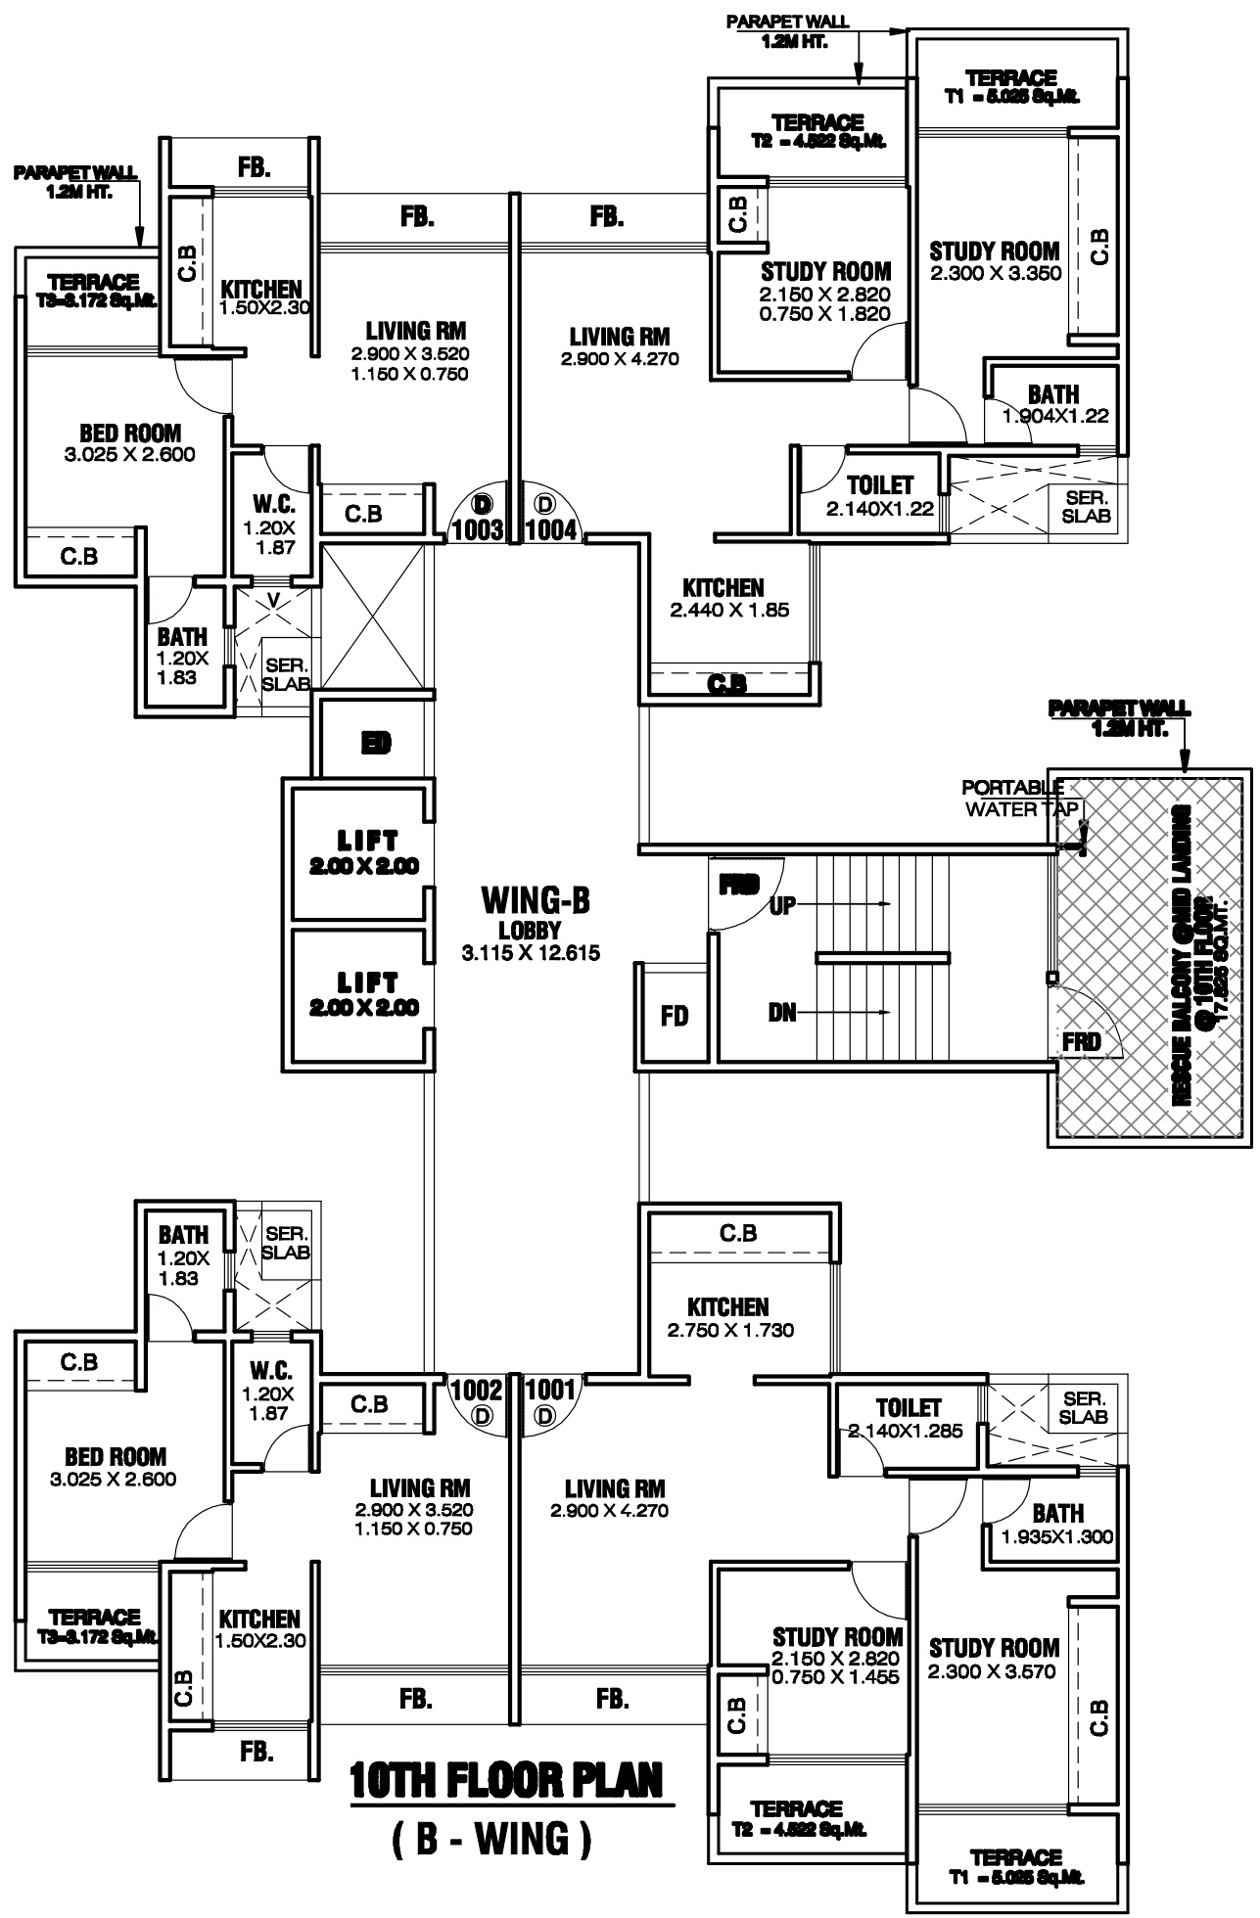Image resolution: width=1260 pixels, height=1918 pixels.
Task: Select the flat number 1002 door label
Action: [475, 1390]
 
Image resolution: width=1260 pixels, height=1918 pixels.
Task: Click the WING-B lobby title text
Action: [536, 898]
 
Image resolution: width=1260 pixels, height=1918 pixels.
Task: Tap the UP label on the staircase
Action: [782, 905]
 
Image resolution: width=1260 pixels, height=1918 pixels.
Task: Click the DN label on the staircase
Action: [782, 1014]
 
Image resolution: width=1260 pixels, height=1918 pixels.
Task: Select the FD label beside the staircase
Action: [675, 1017]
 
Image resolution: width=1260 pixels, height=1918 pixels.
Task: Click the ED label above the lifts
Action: [376, 744]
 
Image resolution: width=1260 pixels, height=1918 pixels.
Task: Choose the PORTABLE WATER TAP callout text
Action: [1014, 798]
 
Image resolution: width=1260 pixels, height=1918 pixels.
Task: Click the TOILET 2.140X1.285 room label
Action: [908, 1418]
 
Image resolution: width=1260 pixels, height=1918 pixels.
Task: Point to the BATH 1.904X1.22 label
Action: [1054, 404]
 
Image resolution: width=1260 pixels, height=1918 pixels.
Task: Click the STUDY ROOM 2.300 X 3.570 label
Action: [994, 1659]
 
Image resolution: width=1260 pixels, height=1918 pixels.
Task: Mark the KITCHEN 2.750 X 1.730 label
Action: [728, 1317]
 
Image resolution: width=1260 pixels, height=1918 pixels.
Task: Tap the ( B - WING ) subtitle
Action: [491, 1839]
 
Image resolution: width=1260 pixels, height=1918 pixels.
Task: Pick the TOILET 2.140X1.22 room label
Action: [880, 496]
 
